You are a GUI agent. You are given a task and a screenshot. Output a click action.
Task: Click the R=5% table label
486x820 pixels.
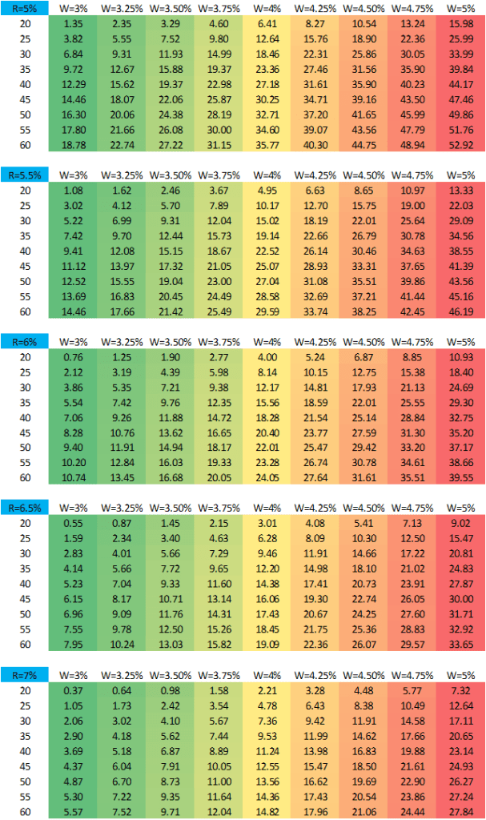[23, 9]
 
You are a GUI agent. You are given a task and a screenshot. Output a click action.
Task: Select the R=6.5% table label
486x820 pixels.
[23, 506]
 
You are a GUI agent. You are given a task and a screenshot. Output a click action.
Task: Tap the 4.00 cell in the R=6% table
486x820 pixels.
[267, 356]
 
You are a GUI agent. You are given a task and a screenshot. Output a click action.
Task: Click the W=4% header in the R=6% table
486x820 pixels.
[267, 342]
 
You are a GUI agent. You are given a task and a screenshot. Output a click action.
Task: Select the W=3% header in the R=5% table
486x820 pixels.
[73, 9]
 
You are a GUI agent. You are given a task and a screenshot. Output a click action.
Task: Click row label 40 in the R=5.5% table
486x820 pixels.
[23, 248]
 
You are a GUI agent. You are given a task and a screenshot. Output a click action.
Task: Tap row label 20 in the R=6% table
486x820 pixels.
[23, 356]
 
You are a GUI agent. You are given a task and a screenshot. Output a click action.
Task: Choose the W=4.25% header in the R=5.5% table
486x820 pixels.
[315, 175]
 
